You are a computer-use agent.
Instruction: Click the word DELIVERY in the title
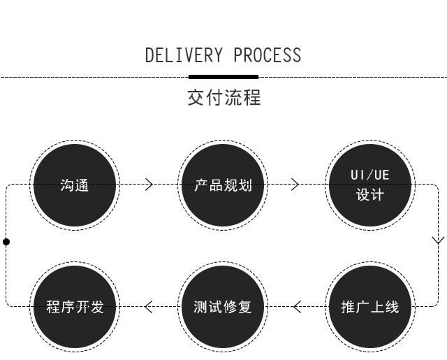point(184,56)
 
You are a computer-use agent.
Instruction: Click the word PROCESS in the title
point(268,56)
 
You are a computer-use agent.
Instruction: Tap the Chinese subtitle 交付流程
point(223,98)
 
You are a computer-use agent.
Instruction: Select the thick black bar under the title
point(223,76)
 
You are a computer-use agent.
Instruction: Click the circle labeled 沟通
point(75,185)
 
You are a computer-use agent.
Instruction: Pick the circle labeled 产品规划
point(223,185)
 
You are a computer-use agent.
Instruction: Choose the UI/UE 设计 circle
point(370,185)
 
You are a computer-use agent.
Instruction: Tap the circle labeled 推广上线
point(370,306)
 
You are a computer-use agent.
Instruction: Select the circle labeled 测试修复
point(223,306)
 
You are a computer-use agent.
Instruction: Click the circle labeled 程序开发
point(75,306)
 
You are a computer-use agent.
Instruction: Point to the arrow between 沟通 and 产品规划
point(148,185)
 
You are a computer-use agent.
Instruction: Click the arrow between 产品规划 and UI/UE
point(295,185)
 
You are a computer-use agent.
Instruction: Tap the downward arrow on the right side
point(438,240)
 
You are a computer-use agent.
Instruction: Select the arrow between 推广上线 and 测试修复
point(297,306)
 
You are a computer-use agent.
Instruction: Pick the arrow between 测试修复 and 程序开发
point(149,306)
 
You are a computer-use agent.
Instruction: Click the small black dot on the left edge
point(6,242)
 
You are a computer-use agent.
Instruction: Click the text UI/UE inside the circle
point(370,175)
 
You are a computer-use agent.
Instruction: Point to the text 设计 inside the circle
point(370,195)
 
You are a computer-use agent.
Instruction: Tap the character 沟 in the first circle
point(67,185)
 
